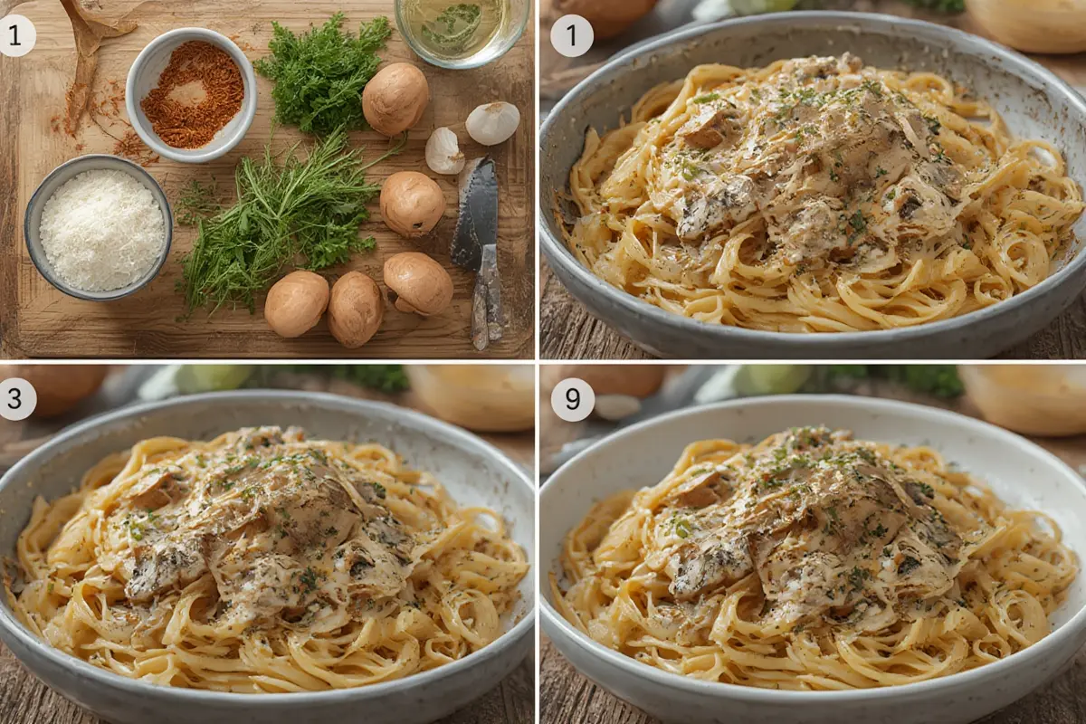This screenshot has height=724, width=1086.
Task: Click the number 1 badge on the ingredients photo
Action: (15, 36)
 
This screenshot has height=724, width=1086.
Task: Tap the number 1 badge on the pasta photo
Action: (572, 36)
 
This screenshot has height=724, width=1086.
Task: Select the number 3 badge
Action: (15, 398)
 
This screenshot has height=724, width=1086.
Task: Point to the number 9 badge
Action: (572, 398)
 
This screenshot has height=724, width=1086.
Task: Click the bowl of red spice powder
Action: (191, 94)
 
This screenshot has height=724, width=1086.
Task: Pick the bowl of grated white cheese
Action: (99, 227)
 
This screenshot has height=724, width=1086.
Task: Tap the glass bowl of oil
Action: (462, 30)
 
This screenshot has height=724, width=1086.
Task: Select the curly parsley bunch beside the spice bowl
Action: (321, 75)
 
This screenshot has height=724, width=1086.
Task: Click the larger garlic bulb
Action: (492, 123)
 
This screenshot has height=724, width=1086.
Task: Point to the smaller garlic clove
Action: (444, 150)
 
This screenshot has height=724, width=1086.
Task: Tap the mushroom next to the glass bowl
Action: (395, 99)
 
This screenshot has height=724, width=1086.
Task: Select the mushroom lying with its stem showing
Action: (418, 282)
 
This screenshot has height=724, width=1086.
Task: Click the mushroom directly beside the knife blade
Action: (412, 204)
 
